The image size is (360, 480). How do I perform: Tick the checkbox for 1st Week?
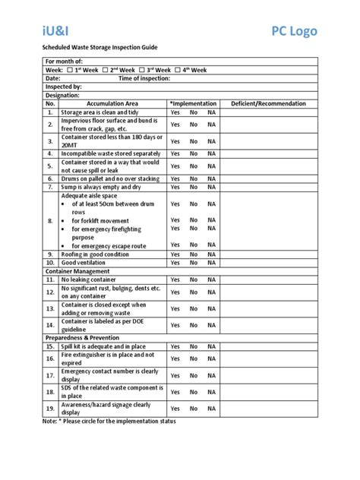(70, 69)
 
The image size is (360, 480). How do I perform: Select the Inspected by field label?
(64, 87)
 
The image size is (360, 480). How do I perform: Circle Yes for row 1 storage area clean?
(174, 112)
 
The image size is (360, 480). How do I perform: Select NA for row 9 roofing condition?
(213, 254)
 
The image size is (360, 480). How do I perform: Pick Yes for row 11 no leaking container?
(174, 280)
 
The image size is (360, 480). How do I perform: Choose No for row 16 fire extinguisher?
(194, 358)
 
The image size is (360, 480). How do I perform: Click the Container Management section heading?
(77, 271)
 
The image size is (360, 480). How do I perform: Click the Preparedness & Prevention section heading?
(83, 336)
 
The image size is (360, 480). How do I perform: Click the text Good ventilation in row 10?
(86, 263)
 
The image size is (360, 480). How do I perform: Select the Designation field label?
(63, 95)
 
